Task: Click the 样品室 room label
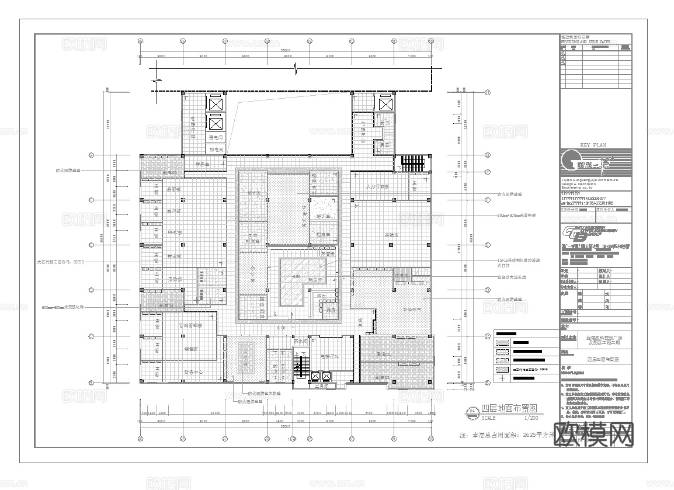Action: (202, 165)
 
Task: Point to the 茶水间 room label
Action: (301, 342)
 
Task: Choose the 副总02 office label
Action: (383, 377)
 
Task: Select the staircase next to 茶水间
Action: (302, 366)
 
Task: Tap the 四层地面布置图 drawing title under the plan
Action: (508, 409)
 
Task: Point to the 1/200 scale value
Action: (531, 418)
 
